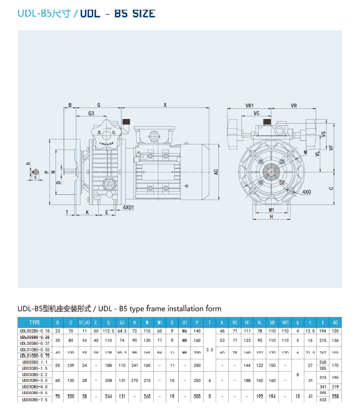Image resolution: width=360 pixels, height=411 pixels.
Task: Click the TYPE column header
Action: click(35, 322)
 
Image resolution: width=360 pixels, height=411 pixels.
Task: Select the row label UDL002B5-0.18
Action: click(35, 331)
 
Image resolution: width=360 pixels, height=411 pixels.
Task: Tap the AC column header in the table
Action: click(335, 322)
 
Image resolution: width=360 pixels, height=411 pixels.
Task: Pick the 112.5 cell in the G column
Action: click(108, 331)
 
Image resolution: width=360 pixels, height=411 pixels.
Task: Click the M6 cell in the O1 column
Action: click(184, 331)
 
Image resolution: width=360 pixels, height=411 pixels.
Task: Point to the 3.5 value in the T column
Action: click(209, 350)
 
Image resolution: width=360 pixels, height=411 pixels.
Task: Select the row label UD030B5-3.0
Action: click(35, 380)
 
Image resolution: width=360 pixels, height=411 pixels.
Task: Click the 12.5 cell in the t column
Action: click(310, 331)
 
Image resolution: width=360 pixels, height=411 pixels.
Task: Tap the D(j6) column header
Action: click(85, 322)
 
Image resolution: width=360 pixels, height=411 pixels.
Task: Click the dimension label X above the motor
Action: click(165, 105)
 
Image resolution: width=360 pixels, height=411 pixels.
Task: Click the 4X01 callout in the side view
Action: click(128, 208)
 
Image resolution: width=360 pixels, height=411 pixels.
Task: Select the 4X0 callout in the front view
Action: click(307, 192)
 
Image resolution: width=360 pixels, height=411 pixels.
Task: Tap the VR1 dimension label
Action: click(250, 105)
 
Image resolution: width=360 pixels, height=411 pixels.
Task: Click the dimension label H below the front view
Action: click(271, 217)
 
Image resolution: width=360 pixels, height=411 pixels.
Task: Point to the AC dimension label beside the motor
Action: click(215, 172)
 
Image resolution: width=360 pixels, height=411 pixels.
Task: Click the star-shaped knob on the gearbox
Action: click(107, 132)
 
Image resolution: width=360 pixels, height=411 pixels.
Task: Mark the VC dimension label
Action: click(257, 113)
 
